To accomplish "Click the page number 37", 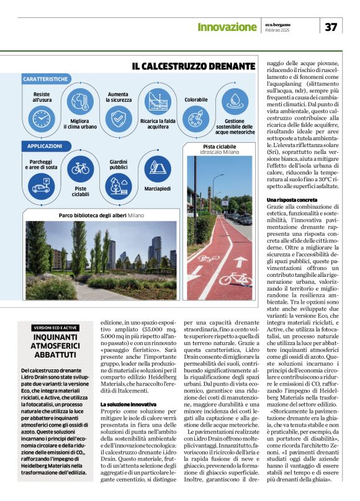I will click(330, 26).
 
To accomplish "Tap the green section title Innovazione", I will click(227, 27).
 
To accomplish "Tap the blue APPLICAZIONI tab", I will click(44, 146).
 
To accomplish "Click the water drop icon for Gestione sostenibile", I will click(234, 101).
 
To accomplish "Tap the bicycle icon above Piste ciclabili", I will click(80, 168).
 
